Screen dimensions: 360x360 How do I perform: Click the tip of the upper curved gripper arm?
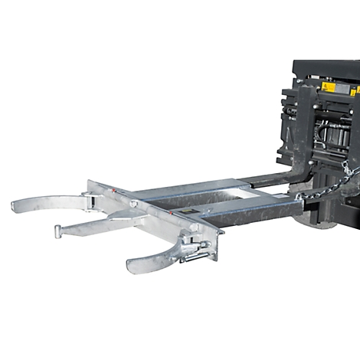16,205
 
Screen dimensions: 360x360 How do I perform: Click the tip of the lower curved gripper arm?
132,266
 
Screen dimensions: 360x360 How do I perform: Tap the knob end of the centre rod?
58,231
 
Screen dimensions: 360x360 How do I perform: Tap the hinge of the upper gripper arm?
93,201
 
